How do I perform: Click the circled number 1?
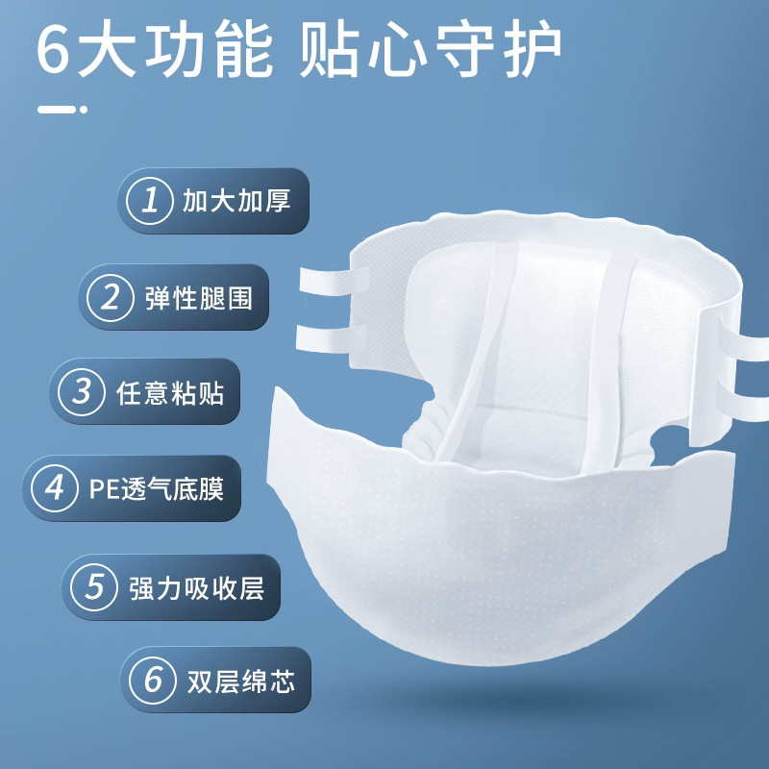tap(150, 201)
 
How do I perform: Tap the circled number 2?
tap(110, 298)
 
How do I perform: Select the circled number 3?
tap(82, 392)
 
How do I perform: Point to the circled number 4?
tap(54, 488)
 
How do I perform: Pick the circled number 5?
tap(94, 587)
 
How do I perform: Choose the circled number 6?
tap(153, 681)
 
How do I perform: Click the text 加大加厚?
tap(236, 201)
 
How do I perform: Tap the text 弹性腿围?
tap(199, 298)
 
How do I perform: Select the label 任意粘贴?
tap(170, 393)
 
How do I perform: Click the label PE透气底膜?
tap(157, 489)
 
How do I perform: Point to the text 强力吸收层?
tap(197, 588)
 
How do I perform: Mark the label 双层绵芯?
tap(241, 682)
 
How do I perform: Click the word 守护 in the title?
tap(498, 49)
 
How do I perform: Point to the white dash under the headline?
tap(62, 110)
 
